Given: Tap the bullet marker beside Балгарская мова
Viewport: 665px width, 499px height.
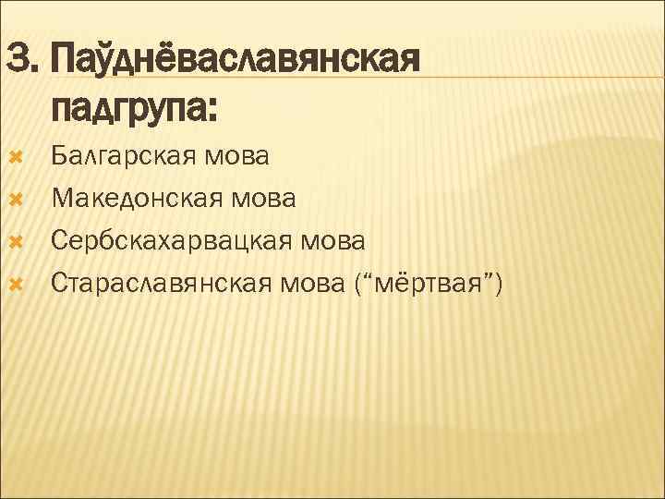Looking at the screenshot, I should pos(14,155).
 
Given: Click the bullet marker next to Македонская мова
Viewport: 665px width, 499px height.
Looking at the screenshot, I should pos(14,198).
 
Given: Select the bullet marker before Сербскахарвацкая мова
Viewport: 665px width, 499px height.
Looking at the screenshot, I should pos(14,240).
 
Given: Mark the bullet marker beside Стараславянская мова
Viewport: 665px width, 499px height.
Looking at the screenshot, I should pos(14,283).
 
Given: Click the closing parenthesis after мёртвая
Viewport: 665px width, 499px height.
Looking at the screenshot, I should pos(498,284).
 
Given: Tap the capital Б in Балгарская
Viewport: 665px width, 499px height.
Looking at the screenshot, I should pos(60,155).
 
